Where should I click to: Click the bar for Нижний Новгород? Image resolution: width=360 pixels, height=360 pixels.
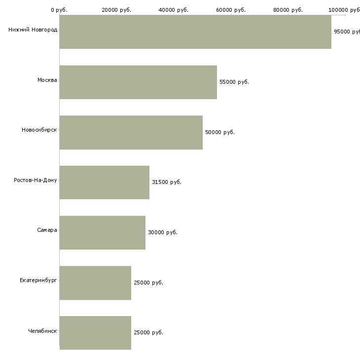pos(195,32)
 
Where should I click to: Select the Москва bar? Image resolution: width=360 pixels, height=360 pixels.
pos(138,82)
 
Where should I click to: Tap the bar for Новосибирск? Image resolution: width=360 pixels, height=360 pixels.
pos(131,133)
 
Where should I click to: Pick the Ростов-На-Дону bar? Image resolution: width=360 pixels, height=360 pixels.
pos(104,182)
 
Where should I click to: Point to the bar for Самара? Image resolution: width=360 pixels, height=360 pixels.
pos(102,233)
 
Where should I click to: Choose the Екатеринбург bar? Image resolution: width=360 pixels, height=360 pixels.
pos(95,283)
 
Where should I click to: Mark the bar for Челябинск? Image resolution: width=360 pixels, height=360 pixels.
pos(95,333)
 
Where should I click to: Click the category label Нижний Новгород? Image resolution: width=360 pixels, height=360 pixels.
pos(33,30)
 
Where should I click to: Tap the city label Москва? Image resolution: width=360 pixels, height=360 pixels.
pos(47,80)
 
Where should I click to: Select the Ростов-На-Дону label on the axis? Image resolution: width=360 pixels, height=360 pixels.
pos(36,180)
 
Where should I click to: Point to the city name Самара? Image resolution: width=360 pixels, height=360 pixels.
pos(47,230)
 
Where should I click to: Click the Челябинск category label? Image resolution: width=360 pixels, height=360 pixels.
pos(43,331)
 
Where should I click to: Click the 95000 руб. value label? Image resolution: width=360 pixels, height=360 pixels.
pos(347,32)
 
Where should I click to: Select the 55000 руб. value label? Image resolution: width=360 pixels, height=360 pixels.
pos(234,82)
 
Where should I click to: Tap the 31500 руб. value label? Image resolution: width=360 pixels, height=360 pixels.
pos(167,182)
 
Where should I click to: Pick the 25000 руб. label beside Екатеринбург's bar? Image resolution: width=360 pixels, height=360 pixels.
pos(148,283)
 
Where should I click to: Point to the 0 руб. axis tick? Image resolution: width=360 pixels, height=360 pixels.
pos(59,10)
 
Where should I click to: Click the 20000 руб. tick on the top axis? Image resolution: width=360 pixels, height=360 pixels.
pos(116,10)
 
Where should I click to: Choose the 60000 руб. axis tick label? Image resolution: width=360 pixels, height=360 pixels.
pos(231,10)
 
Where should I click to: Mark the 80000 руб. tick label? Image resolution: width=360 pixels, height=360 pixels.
pos(288,10)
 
